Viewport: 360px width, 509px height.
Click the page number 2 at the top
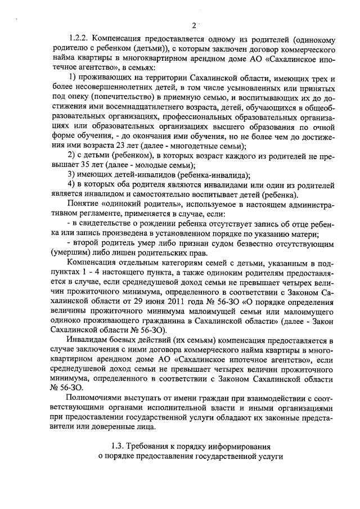click(192, 25)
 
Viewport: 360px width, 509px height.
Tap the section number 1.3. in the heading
click(118, 446)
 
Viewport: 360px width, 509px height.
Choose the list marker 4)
click(71, 184)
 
